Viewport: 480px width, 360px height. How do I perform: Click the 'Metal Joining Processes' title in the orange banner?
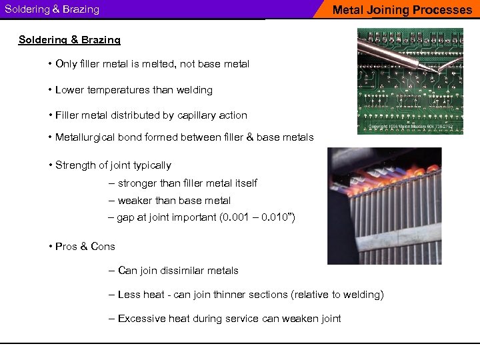coord(401,10)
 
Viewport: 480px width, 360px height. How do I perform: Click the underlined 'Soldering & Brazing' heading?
coord(69,40)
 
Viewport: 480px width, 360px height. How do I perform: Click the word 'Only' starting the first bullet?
coord(67,64)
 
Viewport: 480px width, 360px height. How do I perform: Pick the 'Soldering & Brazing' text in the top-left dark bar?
coord(52,9)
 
